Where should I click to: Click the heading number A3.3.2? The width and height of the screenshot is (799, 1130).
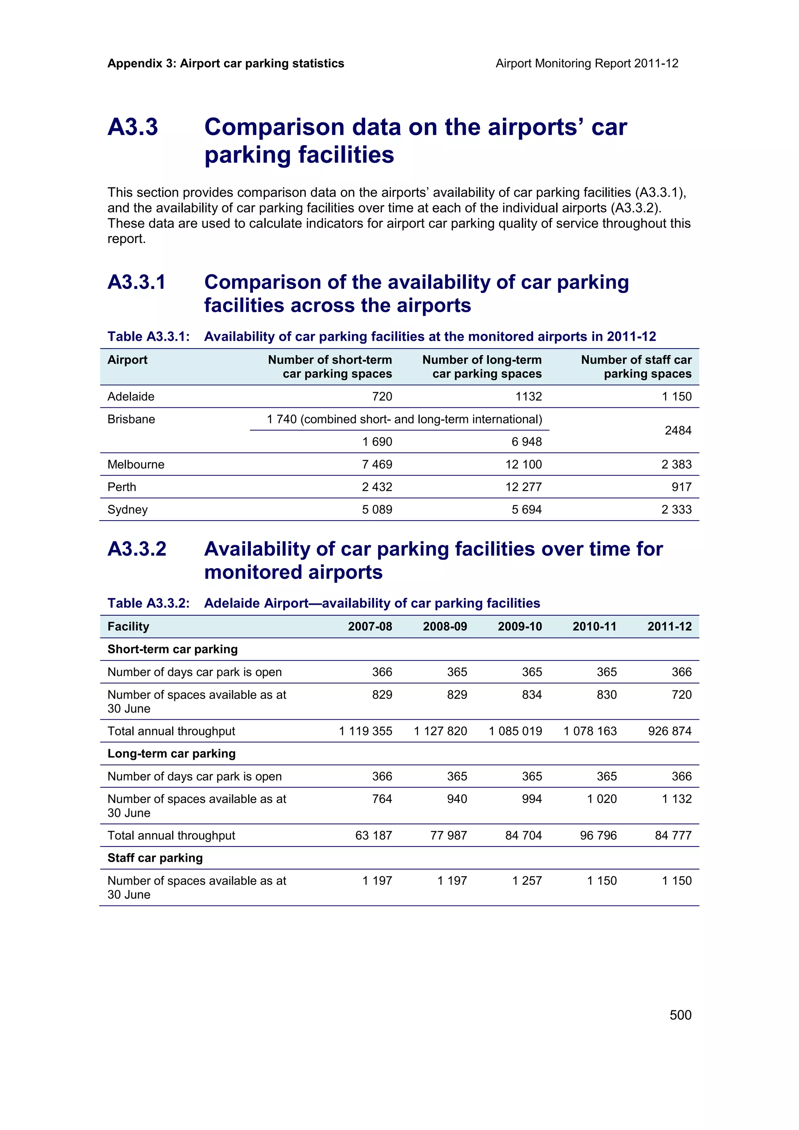click(x=137, y=549)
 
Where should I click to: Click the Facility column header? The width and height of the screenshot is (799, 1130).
click(x=128, y=626)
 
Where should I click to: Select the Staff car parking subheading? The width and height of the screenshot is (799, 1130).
click(x=155, y=858)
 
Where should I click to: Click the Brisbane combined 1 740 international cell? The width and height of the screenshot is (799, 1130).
click(x=404, y=419)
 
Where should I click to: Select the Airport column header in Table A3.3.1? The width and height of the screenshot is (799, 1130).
click(x=128, y=360)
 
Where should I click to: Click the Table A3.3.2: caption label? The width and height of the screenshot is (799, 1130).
click(x=149, y=603)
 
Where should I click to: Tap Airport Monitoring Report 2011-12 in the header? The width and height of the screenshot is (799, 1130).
click(x=586, y=64)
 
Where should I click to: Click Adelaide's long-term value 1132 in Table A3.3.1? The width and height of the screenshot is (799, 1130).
click(x=528, y=396)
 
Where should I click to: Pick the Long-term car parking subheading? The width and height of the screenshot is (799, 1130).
click(x=171, y=753)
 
